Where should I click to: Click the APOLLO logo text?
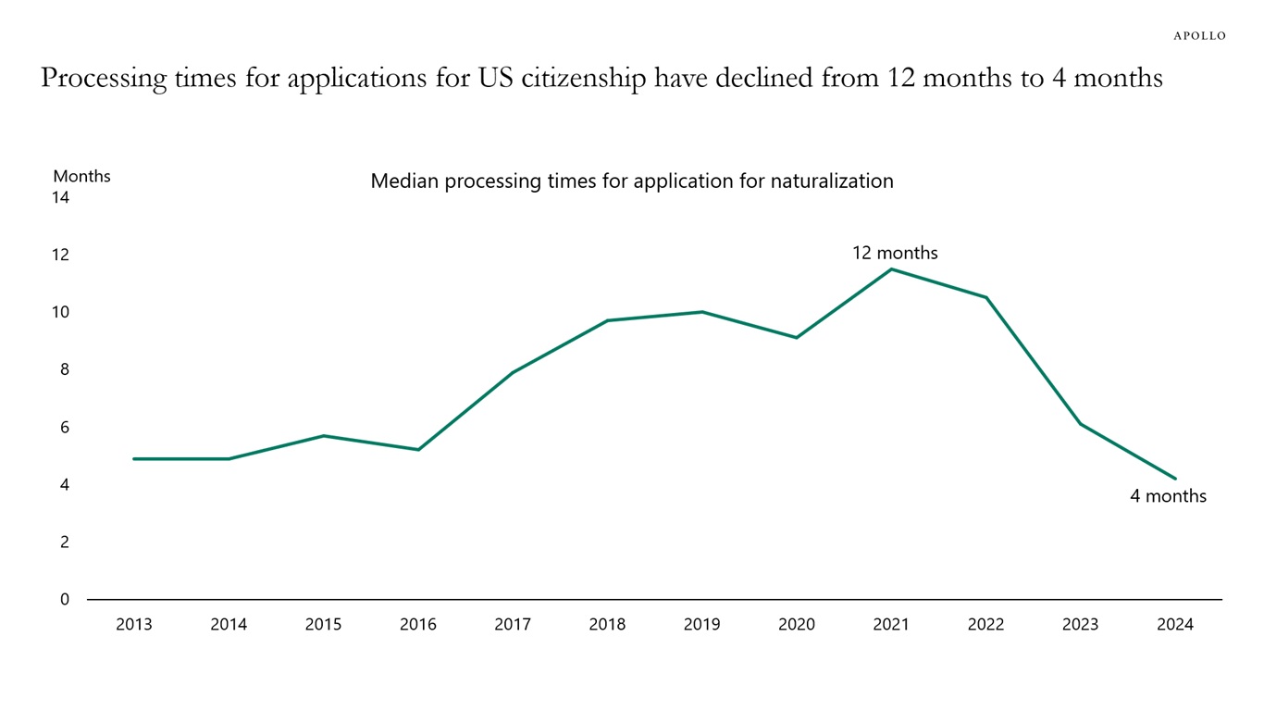1199,35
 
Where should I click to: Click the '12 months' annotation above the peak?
895,253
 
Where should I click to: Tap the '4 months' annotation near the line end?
1168,496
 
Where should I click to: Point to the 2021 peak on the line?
891,269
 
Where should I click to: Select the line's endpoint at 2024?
1175,479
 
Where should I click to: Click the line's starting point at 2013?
134,458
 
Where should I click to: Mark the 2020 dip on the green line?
796,337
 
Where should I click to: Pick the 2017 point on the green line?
513,372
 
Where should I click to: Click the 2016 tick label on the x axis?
417,625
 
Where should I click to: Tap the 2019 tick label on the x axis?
701,625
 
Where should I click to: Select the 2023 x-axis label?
1080,625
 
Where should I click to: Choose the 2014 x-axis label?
229,625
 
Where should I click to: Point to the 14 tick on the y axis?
61,197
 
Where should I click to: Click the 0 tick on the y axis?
65,599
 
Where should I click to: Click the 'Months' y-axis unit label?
81,176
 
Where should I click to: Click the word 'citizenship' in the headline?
584,79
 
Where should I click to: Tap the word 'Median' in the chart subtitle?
404,181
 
